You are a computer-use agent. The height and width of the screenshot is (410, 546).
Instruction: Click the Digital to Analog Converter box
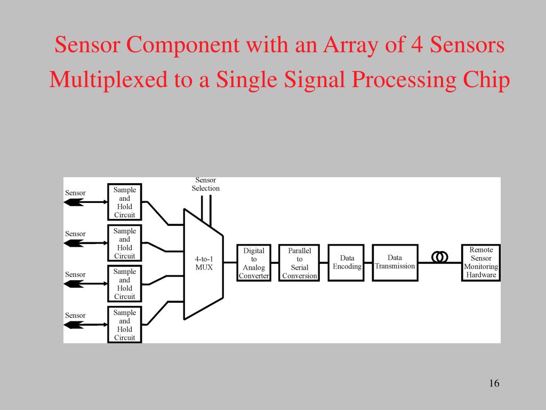pyautogui.click(x=254, y=263)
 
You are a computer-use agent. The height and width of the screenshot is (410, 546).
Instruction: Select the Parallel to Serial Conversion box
pyautogui.click(x=299, y=263)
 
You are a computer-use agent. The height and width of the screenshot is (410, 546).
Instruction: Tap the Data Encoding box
pyautogui.click(x=346, y=263)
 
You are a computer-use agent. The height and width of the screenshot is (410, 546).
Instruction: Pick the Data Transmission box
pyautogui.click(x=395, y=263)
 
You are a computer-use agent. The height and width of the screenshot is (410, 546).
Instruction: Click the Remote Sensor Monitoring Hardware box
pyautogui.click(x=481, y=263)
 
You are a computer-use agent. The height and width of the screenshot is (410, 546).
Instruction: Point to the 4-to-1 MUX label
pyautogui.click(x=204, y=263)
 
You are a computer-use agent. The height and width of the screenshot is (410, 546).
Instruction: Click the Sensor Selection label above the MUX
pyautogui.click(x=205, y=184)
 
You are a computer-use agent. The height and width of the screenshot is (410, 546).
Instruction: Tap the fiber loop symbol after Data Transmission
pyautogui.click(x=440, y=257)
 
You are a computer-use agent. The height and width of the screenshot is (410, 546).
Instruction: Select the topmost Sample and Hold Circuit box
pyautogui.click(x=125, y=202)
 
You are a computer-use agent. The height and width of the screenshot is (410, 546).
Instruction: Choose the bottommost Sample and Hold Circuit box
pyautogui.click(x=125, y=325)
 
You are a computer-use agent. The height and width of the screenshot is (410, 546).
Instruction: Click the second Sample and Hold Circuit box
pyautogui.click(x=125, y=243)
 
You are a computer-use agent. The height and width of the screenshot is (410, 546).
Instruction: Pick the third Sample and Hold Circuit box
pyautogui.click(x=125, y=283)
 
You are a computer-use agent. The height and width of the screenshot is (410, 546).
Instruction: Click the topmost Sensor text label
pyautogui.click(x=75, y=193)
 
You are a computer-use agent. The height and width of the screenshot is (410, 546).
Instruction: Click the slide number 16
pyautogui.click(x=494, y=383)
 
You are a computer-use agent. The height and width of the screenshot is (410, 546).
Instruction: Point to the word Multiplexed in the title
pyautogui.click(x=108, y=80)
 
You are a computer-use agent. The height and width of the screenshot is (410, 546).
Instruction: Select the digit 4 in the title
pyautogui.click(x=417, y=45)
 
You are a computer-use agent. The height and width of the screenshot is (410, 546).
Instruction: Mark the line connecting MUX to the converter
pyautogui.click(x=230, y=263)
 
